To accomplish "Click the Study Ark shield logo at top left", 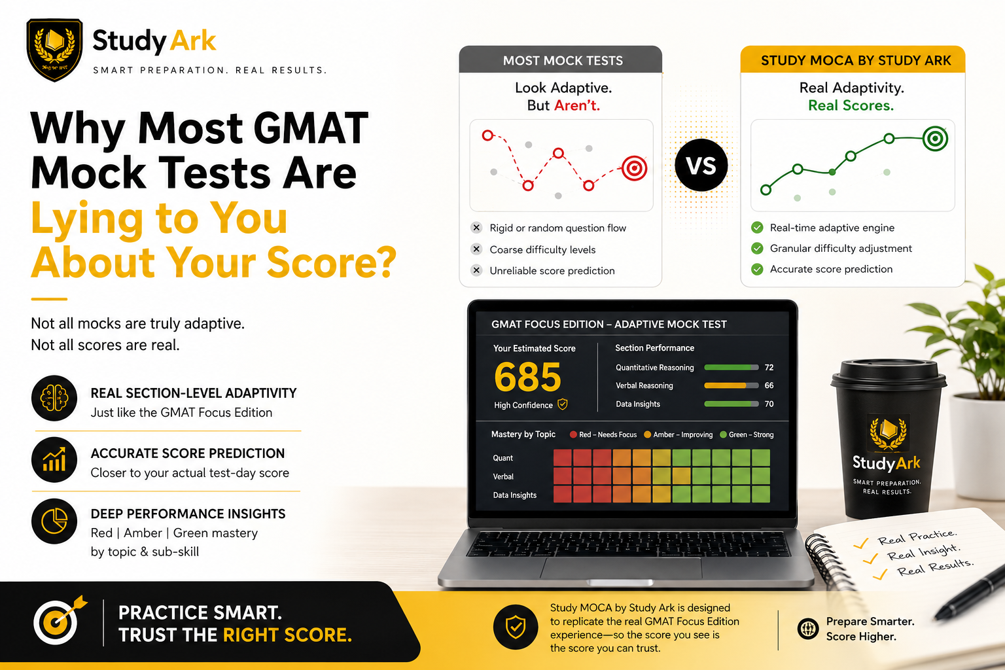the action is tap(54, 49).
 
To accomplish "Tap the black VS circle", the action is tap(701, 165).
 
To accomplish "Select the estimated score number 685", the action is tap(527, 377).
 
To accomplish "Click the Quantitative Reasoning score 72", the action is tap(769, 368).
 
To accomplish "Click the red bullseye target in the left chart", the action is tap(634, 168).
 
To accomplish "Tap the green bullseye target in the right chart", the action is tap(935, 139).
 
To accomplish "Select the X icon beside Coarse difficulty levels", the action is tap(476, 249).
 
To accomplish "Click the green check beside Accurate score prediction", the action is tap(757, 270).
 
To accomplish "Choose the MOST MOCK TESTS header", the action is tap(563, 61).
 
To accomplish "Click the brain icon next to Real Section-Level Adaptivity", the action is tap(54, 398).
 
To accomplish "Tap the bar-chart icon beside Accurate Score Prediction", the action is tap(54, 459).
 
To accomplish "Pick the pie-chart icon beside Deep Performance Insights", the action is tap(54, 521).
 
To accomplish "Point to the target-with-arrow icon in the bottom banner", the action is tap(58, 621).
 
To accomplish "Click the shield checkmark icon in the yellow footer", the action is tap(516, 627).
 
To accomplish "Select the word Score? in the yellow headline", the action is tap(332, 263).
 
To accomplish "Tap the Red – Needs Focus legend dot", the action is tap(573, 434).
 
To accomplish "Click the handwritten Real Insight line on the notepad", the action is tap(923, 552).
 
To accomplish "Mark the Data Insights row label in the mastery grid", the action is tap(515, 495).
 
